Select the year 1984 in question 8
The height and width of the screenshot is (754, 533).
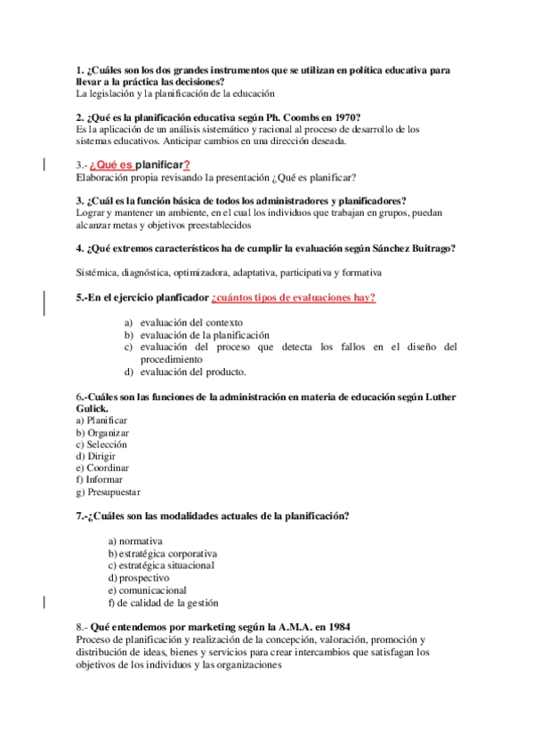[335, 626]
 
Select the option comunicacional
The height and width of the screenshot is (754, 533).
[152, 590]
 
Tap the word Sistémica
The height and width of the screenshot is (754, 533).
[98, 272]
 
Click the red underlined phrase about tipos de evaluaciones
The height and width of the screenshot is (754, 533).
[293, 297]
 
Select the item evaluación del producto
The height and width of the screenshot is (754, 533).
[192, 372]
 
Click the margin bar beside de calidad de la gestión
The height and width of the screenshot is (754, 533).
[45, 602]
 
